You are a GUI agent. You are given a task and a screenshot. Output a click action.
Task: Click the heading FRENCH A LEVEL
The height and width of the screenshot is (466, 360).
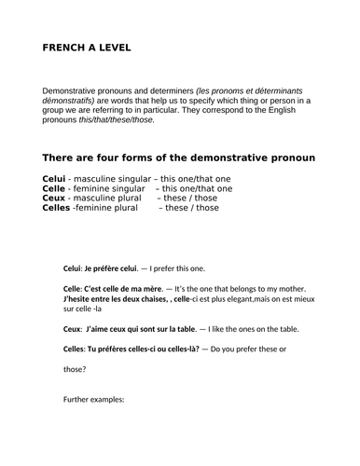pos(87,47)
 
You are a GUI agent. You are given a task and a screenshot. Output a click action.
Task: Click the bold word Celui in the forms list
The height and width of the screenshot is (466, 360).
pos(55,178)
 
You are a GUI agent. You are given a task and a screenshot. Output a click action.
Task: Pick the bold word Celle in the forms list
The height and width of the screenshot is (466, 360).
pos(55,188)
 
